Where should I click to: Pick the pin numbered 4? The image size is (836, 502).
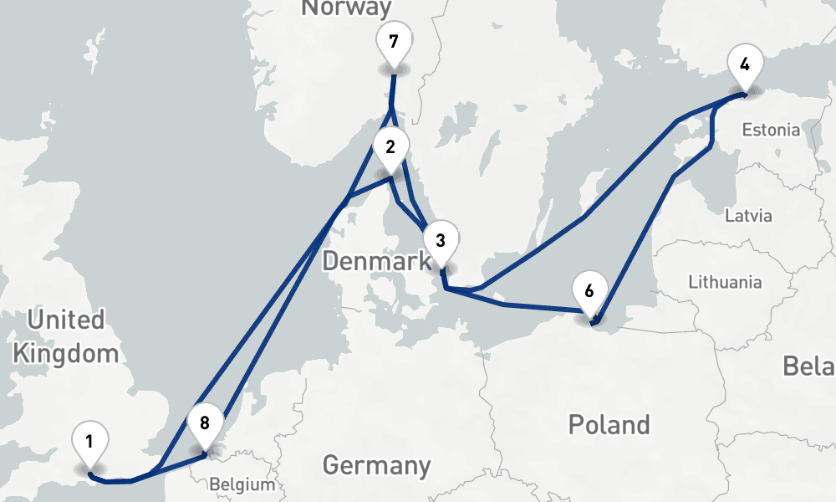pos(744,64)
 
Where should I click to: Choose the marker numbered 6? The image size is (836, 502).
pos(589,291)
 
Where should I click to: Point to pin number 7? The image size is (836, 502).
pos(393,40)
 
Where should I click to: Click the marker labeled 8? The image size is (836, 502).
pos(205,423)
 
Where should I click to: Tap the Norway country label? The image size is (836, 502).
pos(346,8)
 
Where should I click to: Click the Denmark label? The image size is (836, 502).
pos(376,262)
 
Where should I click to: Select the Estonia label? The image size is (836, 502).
pos(771,131)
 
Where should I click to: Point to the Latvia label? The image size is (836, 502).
pos(748,216)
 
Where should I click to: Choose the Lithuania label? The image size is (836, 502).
pos(725,282)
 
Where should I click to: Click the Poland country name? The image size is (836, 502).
pos(609,424)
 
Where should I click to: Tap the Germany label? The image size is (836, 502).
pos(376,465)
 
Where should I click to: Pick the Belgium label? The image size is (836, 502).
pos(242,484)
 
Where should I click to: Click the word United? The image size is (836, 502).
pos(66,320)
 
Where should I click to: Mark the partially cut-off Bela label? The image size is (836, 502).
pos(809,366)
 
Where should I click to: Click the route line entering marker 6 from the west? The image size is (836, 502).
pos(543,308)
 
